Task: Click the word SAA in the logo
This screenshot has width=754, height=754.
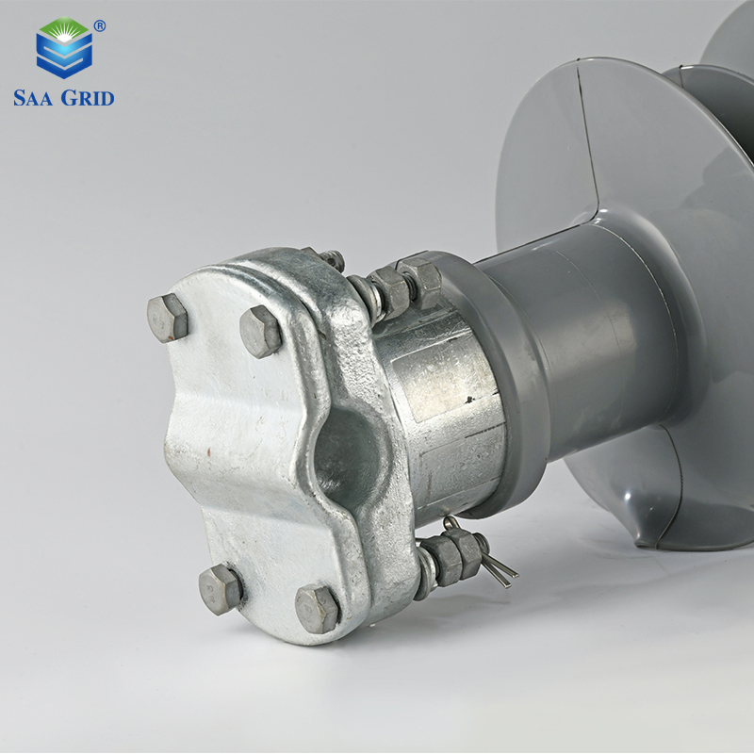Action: coord(34,98)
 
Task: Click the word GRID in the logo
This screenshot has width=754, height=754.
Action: coord(88,98)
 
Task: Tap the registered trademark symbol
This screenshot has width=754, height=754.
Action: coord(100,26)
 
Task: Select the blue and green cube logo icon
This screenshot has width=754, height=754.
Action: coord(64,48)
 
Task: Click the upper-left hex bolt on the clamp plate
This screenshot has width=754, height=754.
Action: coord(167,318)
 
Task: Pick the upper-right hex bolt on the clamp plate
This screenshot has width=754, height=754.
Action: coord(260,332)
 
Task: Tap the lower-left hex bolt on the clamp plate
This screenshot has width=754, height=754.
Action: coord(221,590)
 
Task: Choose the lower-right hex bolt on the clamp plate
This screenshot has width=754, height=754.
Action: coord(318,609)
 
